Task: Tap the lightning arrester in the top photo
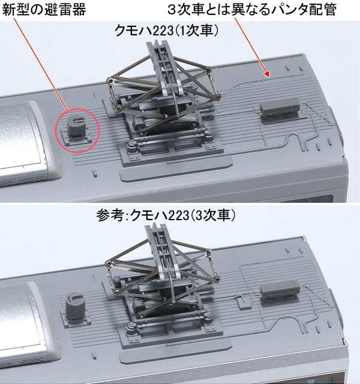tap(76, 126)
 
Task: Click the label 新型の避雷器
tap(44, 10)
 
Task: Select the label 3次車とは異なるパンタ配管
tap(252, 10)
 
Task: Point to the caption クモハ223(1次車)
tap(166, 31)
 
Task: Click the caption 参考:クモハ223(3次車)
tap(166, 215)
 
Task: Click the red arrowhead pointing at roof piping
tap(266, 74)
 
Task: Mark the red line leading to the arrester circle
tap(40, 64)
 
